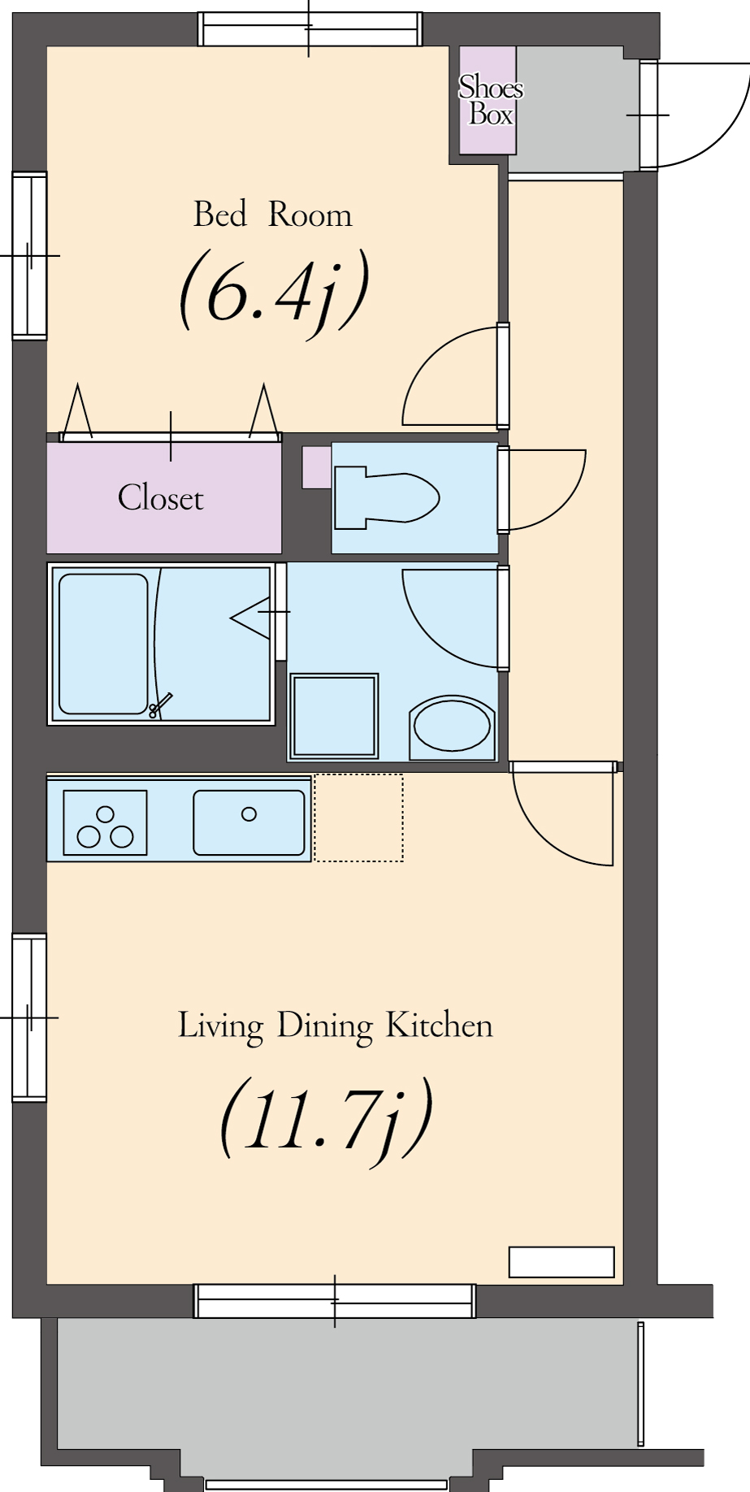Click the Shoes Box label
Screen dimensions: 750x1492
[490, 100]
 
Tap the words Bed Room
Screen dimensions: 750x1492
[273, 215]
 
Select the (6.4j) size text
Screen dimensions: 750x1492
[275, 291]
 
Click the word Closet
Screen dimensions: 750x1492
[160, 497]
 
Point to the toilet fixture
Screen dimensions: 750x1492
[386, 495]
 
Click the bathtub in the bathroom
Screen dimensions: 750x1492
[103, 644]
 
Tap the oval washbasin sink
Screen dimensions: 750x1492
[453, 726]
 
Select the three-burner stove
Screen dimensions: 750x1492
[105, 822]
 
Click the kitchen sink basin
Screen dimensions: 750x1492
[249, 822]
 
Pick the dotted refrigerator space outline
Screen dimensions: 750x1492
[358, 818]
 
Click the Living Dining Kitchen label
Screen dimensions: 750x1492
[335, 1026]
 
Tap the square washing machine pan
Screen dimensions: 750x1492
[334, 717]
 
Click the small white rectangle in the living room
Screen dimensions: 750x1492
[561, 1262]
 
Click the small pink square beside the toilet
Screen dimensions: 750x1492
[317, 467]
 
